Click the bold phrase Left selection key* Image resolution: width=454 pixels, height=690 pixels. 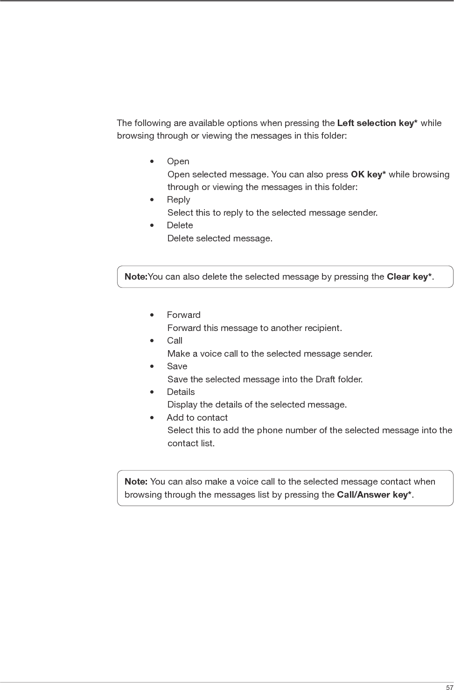click(377, 123)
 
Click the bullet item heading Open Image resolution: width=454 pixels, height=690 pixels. click(178, 162)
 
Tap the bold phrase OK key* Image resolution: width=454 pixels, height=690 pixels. click(368, 175)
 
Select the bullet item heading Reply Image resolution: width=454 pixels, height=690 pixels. click(179, 200)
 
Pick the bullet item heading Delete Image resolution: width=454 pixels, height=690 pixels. click(180, 225)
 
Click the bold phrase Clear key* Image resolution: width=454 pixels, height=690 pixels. click(409, 277)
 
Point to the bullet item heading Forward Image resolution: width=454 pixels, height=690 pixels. click(184, 315)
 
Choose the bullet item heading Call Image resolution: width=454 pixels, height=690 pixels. click(175, 341)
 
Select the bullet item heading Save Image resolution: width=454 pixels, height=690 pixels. click(177, 366)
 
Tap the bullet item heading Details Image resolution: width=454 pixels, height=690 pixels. click(181, 392)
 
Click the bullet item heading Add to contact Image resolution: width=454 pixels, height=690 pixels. click(197, 418)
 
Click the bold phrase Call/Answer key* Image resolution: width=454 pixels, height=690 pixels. click(374, 495)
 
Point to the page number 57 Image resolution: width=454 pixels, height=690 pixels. click(449, 687)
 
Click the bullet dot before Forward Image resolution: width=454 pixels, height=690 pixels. click(152, 315)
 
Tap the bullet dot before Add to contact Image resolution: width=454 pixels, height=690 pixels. click(152, 418)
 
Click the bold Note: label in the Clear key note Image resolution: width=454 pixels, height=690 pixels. click(136, 277)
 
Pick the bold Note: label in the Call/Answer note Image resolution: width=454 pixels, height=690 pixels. click(136, 482)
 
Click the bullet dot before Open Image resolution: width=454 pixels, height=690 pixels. click(152, 162)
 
